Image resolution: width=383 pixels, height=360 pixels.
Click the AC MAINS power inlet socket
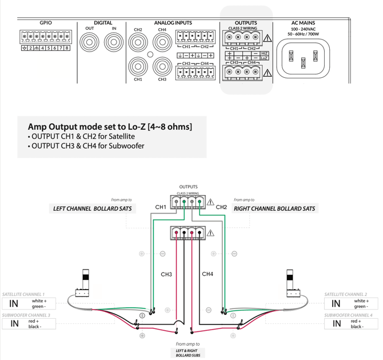[x=303, y=59]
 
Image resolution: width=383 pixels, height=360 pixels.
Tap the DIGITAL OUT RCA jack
[x=90, y=42]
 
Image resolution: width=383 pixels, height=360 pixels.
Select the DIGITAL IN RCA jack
[x=113, y=42]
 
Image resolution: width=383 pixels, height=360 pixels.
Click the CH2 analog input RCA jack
[x=138, y=42]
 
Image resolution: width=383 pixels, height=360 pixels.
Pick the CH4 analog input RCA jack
[x=162, y=42]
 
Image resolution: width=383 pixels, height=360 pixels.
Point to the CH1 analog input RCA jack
[x=138, y=66]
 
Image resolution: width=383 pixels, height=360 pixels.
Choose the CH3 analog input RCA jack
[x=162, y=66]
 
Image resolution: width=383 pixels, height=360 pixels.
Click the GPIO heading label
[x=46, y=23]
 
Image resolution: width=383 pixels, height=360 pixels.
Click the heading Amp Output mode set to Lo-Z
[x=110, y=126]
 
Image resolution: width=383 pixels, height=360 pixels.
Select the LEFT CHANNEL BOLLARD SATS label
[x=92, y=208]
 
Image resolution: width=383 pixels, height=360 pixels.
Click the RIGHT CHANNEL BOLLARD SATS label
[x=274, y=208]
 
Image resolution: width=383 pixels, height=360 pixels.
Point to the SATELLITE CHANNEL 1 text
[x=24, y=294]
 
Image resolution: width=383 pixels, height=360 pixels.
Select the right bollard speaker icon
[x=292, y=284]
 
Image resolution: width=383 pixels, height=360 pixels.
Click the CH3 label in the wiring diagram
[x=166, y=275]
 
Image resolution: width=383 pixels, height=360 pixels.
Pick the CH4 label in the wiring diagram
[x=208, y=274]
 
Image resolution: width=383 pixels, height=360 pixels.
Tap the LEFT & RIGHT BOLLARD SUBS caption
[x=187, y=353]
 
